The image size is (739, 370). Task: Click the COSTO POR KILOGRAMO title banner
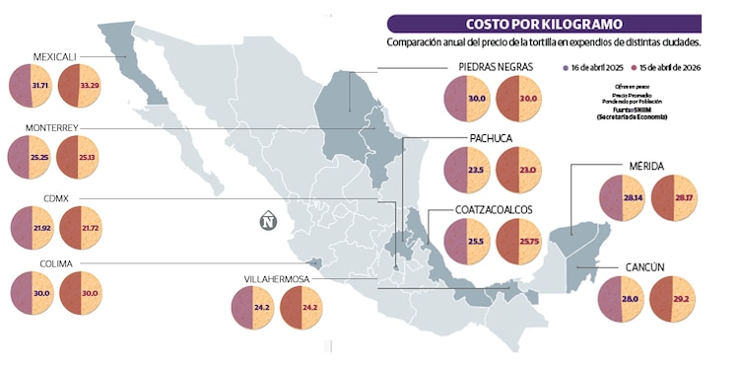(x=544, y=24)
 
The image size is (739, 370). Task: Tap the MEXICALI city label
(x=54, y=56)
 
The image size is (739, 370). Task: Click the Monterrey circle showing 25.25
(x=30, y=158)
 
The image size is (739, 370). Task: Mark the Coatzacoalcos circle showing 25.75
(x=517, y=242)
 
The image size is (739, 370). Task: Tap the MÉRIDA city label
(x=647, y=167)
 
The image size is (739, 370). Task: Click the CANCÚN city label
(x=644, y=267)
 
